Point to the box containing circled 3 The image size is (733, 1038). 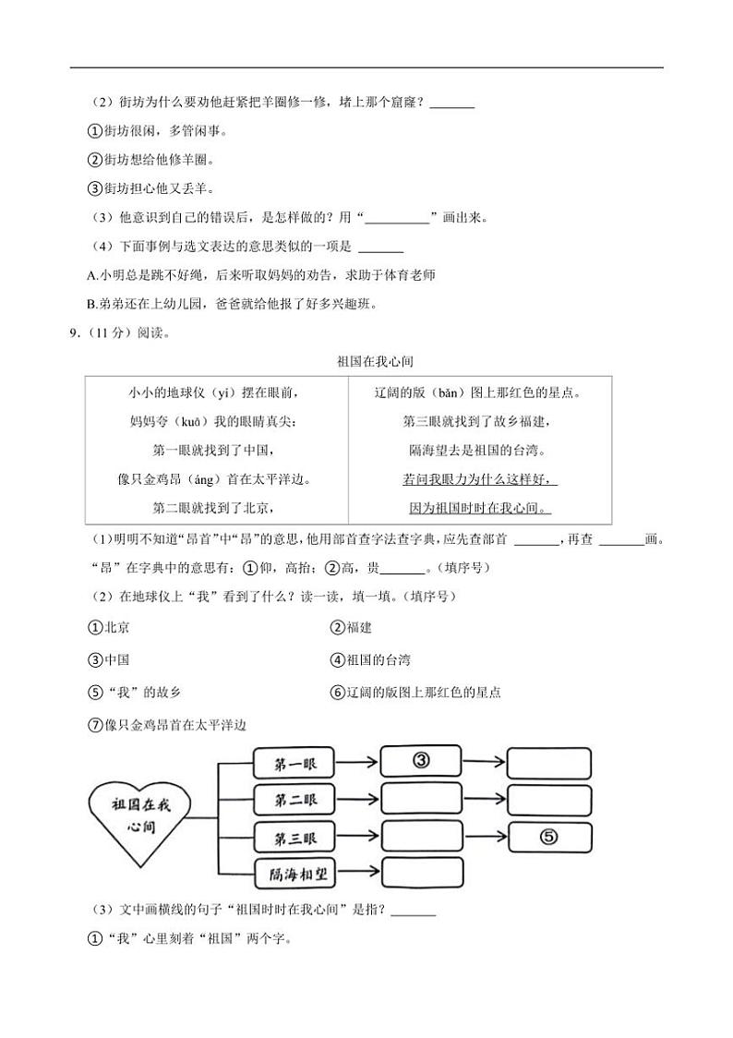tap(420, 762)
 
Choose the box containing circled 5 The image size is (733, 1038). tap(548, 837)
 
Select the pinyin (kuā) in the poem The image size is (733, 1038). tap(190, 421)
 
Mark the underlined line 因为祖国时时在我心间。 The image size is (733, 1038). tap(479, 508)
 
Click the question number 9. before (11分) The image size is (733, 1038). tap(75, 334)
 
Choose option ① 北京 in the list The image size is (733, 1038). tap(109, 628)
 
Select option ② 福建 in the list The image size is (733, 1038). tap(351, 628)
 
